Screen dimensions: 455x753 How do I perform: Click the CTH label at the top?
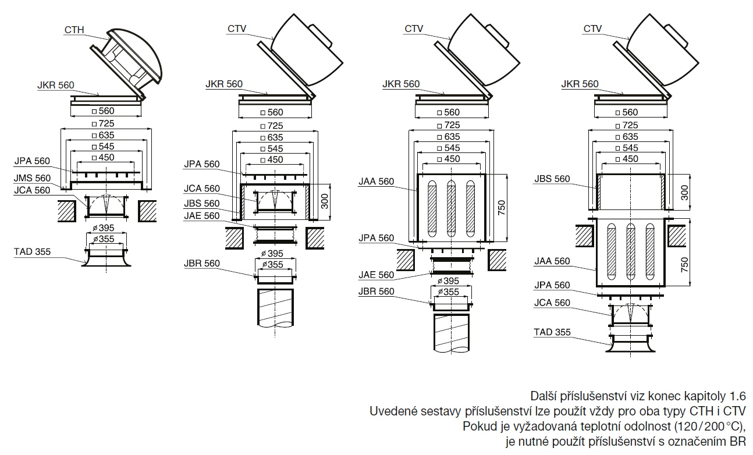[x=74, y=29]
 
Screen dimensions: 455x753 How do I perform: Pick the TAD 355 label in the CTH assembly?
[x=32, y=252]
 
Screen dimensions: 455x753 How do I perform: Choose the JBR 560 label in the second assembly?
[x=201, y=264]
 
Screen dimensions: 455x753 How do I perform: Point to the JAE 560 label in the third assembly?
[x=376, y=275]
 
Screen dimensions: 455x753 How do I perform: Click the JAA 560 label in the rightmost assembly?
[x=552, y=261]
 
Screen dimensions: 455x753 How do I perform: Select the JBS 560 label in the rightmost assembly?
[x=552, y=179]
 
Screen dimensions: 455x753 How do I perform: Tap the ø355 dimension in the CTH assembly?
[x=106, y=239]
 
